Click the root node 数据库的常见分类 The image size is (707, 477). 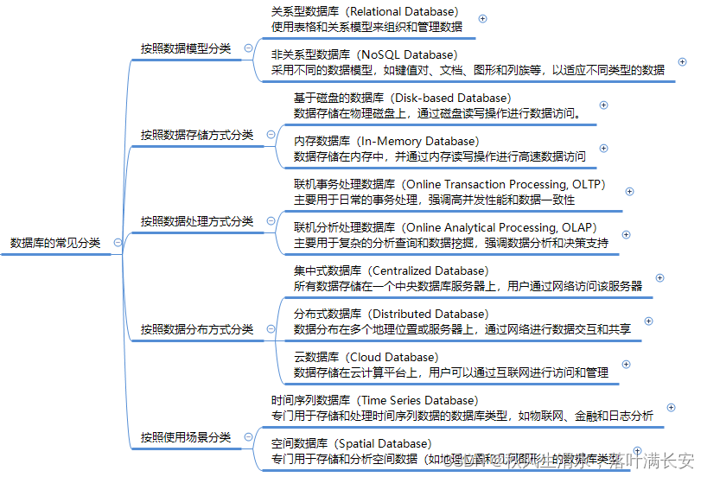(55, 244)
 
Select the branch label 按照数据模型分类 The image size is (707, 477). (186, 48)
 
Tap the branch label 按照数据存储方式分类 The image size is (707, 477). (197, 135)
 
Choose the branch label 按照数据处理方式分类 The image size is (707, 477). (197, 221)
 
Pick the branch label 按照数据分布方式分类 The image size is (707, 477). (197, 329)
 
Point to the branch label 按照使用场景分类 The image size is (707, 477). (186, 437)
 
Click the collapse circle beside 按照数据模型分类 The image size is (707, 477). (249, 48)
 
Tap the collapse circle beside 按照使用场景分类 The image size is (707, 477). (249, 437)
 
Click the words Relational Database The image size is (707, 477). (404, 12)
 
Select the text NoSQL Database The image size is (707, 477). (407, 54)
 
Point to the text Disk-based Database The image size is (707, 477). (453, 98)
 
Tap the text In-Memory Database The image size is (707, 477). (417, 141)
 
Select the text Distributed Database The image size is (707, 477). (429, 314)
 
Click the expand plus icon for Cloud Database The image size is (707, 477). (627, 365)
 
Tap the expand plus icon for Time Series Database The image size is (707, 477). (671, 408)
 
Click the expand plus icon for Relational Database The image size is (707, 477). (482, 19)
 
